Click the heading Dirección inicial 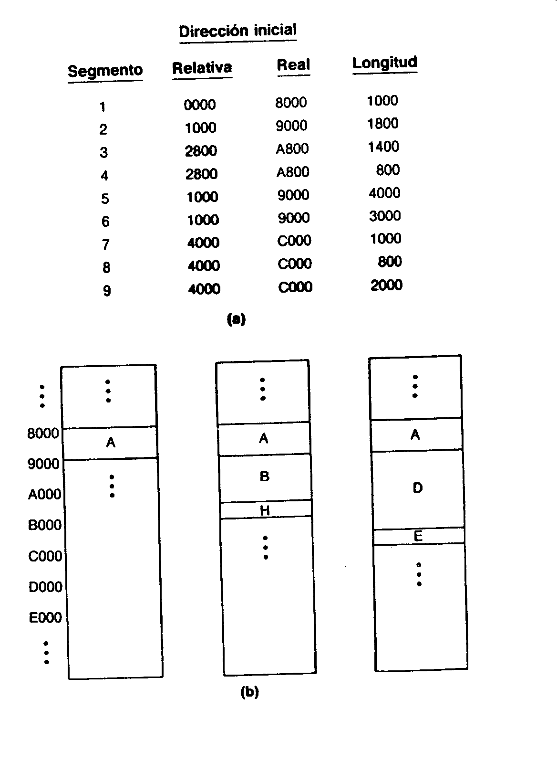237,30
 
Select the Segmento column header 105,71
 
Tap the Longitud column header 384,63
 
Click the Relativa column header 202,67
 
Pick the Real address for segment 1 291,102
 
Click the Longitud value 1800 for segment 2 382,123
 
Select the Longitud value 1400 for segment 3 383,147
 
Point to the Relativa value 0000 199,105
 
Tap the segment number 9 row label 107,290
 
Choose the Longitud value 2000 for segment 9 386,285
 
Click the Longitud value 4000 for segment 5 384,193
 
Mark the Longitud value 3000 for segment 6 385,216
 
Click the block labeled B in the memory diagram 265,477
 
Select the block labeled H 266,509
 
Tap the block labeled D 418,489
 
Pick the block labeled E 418,537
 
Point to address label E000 45,617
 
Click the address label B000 44,525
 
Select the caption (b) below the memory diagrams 249,692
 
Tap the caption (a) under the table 236,319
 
